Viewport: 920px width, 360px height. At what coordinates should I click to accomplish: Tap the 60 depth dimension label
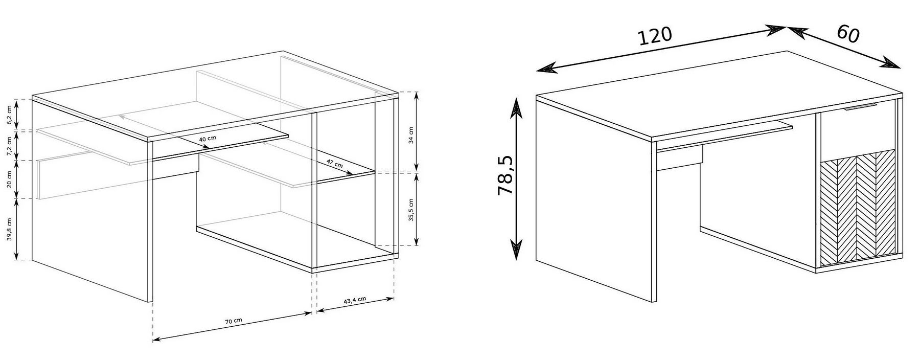[848, 33]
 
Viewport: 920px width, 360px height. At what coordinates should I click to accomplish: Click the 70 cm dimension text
[234, 321]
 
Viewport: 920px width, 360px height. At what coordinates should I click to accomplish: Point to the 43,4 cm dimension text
[355, 300]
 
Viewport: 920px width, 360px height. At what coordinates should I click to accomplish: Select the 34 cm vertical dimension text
[411, 136]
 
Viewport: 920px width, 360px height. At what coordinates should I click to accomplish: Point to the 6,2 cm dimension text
[9, 115]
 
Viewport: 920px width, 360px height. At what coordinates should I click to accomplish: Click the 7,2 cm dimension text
[9, 146]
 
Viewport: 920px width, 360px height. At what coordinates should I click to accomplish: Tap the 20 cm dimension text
[9, 179]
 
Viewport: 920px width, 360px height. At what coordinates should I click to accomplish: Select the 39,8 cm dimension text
[9, 230]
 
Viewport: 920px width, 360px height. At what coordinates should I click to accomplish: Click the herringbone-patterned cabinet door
[858, 208]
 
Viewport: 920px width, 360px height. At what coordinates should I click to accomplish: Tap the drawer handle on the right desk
[860, 107]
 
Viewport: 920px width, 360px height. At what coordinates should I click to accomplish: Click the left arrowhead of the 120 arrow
[546, 69]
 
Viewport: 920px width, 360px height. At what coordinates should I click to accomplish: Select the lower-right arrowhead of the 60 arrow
[892, 64]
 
